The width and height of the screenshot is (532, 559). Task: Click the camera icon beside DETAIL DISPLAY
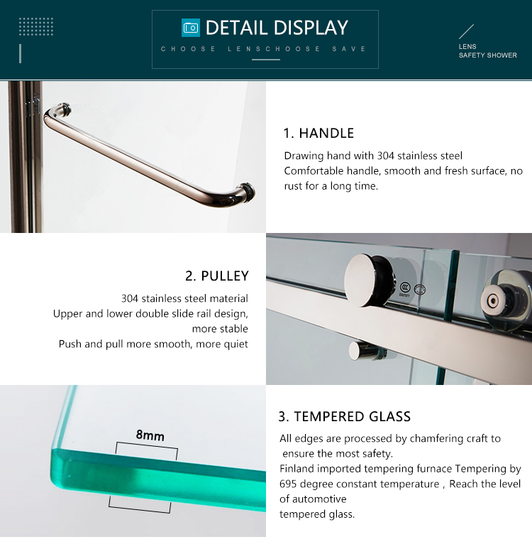click(x=191, y=28)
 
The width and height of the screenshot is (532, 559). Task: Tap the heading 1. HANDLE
click(x=318, y=133)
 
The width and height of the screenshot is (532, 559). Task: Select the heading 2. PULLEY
click(x=217, y=276)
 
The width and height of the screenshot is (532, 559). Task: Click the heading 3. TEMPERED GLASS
click(x=345, y=416)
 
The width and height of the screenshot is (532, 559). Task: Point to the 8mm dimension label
click(x=150, y=435)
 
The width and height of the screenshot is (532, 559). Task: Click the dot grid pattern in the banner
click(x=36, y=27)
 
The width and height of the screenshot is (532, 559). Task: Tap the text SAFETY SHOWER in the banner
click(x=487, y=55)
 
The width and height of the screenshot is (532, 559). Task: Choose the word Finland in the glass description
click(x=297, y=469)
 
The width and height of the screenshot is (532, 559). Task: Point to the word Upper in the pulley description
click(x=67, y=313)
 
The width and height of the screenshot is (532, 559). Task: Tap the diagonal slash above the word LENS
click(x=466, y=31)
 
